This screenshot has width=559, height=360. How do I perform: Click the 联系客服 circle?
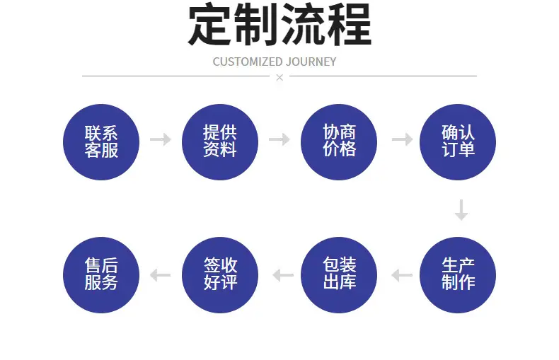(x=101, y=142)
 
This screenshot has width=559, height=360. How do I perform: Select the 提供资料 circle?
(x=220, y=142)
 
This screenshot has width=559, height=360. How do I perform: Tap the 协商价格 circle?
(x=339, y=142)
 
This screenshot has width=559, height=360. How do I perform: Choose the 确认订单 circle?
(x=458, y=142)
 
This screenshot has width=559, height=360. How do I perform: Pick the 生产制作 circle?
(x=458, y=275)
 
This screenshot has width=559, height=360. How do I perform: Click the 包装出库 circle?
(x=339, y=275)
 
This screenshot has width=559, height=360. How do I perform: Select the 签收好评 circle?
(x=220, y=275)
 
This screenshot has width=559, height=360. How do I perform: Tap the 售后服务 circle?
(x=101, y=275)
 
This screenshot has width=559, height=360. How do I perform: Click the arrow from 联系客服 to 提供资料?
(x=161, y=139)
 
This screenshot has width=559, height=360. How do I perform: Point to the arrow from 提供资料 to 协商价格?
(x=279, y=139)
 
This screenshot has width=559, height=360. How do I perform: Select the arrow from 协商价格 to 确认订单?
(x=402, y=139)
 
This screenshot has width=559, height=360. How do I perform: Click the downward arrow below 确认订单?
(x=461, y=210)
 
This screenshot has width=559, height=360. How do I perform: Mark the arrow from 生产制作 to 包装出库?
(x=402, y=275)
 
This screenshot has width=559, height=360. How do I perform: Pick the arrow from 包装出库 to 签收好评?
(x=283, y=275)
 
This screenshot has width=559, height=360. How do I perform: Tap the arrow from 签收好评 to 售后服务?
(x=161, y=275)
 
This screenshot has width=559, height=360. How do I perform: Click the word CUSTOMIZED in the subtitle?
(x=248, y=62)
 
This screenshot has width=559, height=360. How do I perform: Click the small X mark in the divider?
(x=279, y=77)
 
